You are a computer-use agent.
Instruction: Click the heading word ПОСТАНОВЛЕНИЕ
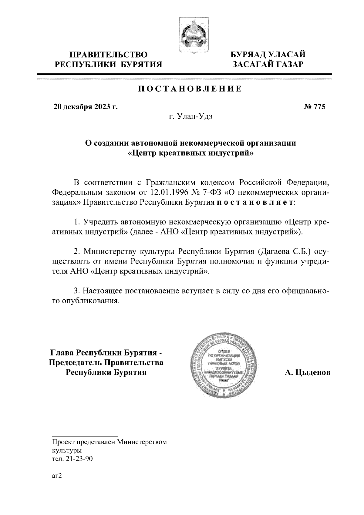pyautogui.click(x=190, y=89)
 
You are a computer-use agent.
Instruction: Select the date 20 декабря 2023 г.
pyautogui.click(x=86, y=107)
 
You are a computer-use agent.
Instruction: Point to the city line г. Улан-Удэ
pyautogui.click(x=190, y=116)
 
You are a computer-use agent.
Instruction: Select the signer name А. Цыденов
pyautogui.click(x=308, y=372)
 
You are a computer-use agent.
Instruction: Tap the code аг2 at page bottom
pyautogui.click(x=57, y=476)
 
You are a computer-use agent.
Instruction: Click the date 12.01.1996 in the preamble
pyautogui.click(x=168, y=193)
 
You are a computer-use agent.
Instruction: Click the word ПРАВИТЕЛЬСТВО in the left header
pyautogui.click(x=108, y=55)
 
